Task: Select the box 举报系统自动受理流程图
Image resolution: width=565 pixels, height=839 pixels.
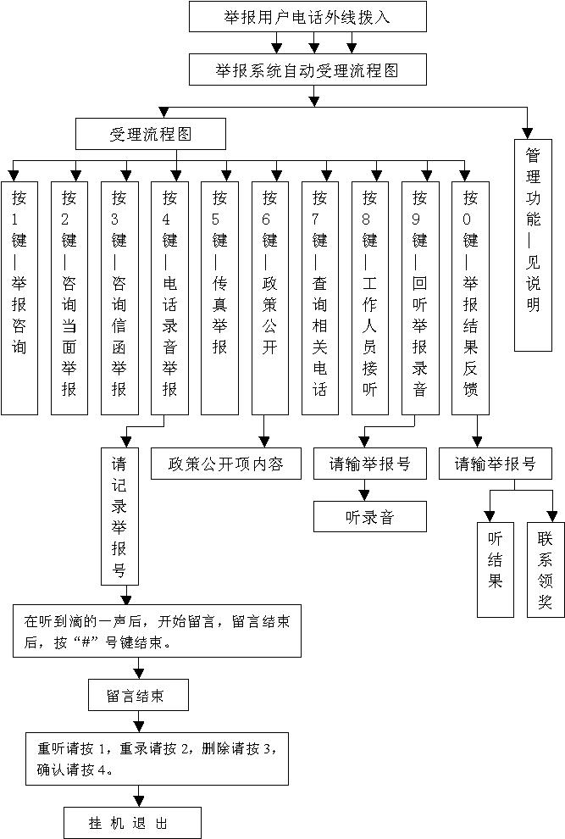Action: (x=307, y=70)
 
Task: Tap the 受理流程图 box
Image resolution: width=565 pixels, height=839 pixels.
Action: (x=151, y=134)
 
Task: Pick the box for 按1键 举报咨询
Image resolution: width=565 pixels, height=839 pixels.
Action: (x=19, y=297)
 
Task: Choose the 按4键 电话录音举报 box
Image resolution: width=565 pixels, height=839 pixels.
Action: (x=169, y=297)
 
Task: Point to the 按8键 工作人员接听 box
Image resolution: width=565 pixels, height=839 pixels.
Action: (x=370, y=297)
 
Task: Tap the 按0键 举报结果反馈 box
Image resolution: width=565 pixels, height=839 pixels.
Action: (x=470, y=297)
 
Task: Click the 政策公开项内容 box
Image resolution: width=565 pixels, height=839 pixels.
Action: (x=226, y=464)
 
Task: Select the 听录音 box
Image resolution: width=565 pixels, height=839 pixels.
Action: (x=370, y=517)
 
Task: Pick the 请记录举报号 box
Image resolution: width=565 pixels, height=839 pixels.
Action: (x=119, y=516)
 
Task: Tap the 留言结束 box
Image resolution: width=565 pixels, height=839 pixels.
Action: (x=137, y=697)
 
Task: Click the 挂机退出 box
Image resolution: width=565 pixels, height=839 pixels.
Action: (x=134, y=822)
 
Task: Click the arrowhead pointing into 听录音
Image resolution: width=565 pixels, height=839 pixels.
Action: (x=365, y=495)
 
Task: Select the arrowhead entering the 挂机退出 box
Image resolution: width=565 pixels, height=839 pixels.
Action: (x=139, y=801)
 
